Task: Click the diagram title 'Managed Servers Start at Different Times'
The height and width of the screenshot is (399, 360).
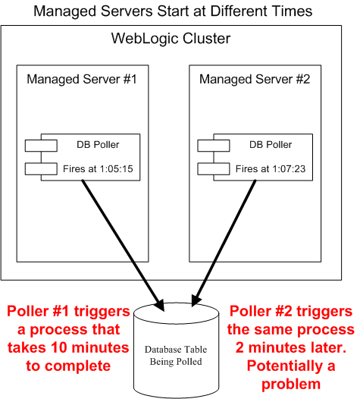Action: coord(173,11)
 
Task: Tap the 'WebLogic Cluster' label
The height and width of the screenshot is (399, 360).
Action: coord(171,39)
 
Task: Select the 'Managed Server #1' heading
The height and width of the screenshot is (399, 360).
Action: coord(82,79)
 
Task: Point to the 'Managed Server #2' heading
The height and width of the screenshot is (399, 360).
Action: coord(255,79)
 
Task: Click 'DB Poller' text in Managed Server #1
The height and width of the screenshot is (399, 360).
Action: coord(98,145)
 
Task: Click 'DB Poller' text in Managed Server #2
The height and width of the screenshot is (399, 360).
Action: coord(271,145)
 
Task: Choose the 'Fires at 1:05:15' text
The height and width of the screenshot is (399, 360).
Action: coord(98,168)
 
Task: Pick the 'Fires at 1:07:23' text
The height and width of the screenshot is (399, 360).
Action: coord(271,168)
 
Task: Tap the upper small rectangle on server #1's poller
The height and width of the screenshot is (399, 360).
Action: coord(41,146)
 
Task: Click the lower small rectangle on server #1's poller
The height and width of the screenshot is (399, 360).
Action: coord(41,169)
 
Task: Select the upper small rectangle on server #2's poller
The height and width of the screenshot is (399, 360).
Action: coord(214,146)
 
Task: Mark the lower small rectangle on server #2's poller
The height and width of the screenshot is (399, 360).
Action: coord(214,169)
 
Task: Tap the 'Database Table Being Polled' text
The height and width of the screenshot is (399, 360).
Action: coord(176,356)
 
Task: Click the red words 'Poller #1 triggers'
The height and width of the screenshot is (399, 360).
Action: coord(68,311)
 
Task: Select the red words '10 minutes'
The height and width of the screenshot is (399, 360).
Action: coord(90,347)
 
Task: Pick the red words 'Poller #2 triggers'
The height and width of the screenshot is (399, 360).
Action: coord(291,311)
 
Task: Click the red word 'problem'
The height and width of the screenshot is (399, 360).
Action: coord(291,385)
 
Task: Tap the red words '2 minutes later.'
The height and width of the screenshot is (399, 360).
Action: coord(291,347)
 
